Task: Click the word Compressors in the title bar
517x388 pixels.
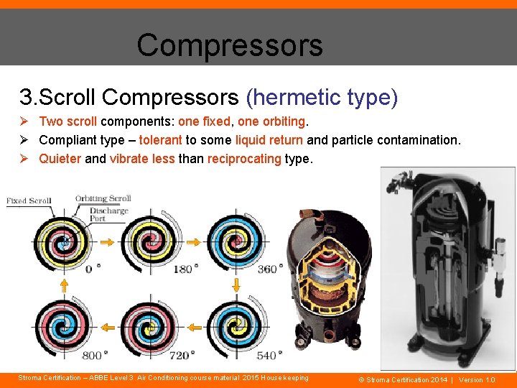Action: (x=229, y=45)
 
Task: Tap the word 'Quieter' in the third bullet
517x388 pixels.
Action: (x=60, y=158)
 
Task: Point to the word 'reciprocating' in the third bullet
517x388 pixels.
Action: (x=244, y=158)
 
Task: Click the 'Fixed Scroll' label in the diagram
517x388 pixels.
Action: (x=29, y=200)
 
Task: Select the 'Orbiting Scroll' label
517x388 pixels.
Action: (x=103, y=198)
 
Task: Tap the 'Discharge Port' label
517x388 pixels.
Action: (x=108, y=214)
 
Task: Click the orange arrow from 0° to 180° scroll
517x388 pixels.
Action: (x=106, y=243)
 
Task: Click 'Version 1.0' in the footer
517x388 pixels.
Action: (x=477, y=379)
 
